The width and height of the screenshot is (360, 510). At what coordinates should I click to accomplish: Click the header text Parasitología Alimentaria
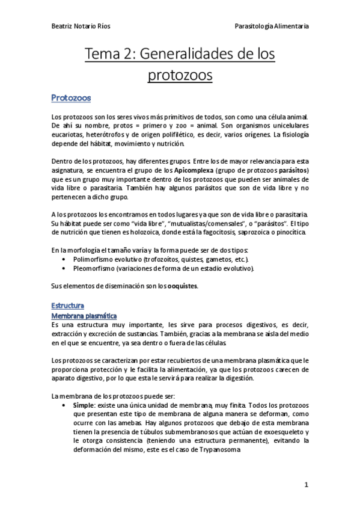point(272,26)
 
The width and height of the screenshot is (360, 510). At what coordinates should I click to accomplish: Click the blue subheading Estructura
point(67,306)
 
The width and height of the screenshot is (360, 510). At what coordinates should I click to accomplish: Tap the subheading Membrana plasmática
point(84,316)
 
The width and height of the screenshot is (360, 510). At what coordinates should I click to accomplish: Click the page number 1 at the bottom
point(306,485)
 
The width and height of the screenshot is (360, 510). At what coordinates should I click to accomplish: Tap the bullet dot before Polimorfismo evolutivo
point(64,259)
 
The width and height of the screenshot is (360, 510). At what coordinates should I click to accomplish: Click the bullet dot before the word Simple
point(64,405)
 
